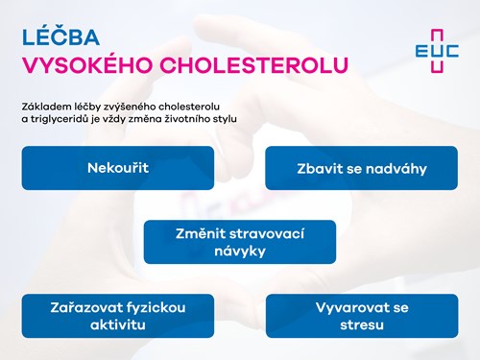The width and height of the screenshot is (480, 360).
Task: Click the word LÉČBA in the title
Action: pyautogui.click(x=60, y=36)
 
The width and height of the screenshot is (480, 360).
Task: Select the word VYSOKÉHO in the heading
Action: pyautogui.click(x=87, y=65)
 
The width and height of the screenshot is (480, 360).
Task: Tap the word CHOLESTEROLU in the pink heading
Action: pyautogui.click(x=253, y=65)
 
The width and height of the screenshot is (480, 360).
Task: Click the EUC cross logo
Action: pyautogui.click(x=437, y=51)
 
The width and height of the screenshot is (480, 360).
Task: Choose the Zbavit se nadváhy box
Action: pyautogui.click(x=362, y=168)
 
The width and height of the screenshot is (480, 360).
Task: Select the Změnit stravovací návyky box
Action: pyautogui.click(x=240, y=242)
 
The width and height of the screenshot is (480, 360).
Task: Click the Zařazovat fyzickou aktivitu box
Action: pyautogui.click(x=118, y=316)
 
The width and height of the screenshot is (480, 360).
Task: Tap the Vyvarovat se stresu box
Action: pyautogui.click(x=362, y=316)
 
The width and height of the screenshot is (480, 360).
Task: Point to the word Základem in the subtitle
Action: pyautogui.click(x=42, y=107)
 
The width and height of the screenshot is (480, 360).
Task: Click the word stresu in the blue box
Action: pyautogui.click(x=362, y=324)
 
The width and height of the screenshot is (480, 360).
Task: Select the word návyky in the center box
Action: pyautogui.click(x=240, y=252)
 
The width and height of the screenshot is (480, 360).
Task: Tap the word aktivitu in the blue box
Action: pyautogui.click(x=118, y=324)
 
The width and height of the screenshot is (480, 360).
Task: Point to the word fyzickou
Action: pyautogui.click(x=156, y=308)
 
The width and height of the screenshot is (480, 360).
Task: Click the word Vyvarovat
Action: pyautogui.click(x=352, y=308)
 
